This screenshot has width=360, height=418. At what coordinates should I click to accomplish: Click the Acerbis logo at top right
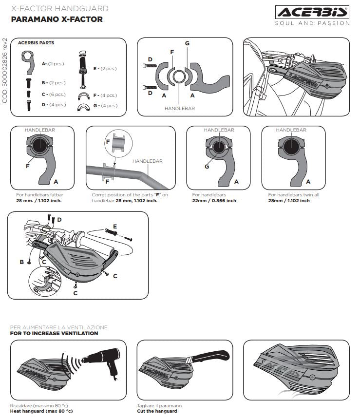(312, 12)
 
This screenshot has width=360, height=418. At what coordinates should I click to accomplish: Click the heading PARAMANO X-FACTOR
(57, 19)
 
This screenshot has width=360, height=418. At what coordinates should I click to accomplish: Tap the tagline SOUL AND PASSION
(312, 23)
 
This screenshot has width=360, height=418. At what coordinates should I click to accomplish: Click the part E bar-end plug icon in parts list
(83, 68)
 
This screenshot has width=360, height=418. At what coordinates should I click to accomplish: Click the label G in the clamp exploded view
(187, 43)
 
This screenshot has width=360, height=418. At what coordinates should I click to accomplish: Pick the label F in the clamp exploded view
(171, 51)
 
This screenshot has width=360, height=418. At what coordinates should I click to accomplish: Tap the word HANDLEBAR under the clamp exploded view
(179, 108)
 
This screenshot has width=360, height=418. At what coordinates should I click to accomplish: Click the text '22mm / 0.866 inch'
(214, 201)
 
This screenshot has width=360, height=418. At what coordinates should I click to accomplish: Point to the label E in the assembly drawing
(115, 226)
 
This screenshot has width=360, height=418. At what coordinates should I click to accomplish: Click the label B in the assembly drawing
(21, 262)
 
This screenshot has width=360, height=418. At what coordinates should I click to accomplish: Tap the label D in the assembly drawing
(59, 220)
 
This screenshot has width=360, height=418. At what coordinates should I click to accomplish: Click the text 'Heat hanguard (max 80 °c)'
(41, 411)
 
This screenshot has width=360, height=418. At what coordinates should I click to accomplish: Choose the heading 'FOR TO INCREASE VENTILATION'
(54, 334)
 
